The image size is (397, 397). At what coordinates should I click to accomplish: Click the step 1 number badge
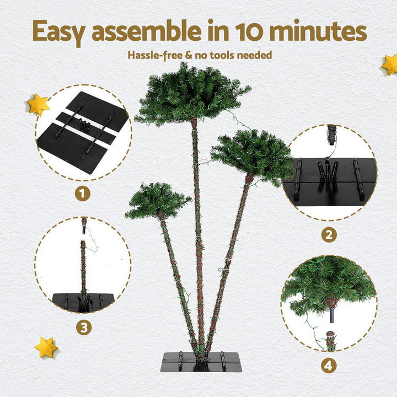(x=83, y=194)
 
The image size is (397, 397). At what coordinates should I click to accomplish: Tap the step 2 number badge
(x=329, y=235)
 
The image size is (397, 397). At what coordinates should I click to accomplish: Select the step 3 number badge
(x=83, y=328)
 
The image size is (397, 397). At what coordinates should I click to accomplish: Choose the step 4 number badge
(x=329, y=365)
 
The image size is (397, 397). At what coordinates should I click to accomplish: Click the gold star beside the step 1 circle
(x=38, y=104)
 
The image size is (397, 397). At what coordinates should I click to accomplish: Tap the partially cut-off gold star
(x=390, y=64)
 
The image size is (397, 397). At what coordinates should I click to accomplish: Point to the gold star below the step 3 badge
(x=46, y=347)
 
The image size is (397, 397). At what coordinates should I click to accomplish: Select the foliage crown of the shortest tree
(x=157, y=200)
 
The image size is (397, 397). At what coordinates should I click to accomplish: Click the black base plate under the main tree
(x=201, y=362)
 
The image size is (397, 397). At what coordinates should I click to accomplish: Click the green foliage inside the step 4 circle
(x=328, y=284)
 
